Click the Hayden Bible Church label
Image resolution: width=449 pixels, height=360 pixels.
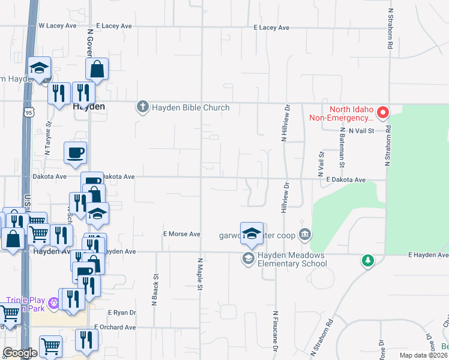[x=190, y=108]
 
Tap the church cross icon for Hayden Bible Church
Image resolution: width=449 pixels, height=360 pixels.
[x=142, y=107]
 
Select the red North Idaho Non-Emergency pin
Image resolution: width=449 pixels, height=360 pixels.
[x=382, y=112]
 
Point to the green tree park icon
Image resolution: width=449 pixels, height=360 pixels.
[x=368, y=260]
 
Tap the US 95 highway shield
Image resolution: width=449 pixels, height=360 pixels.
[x=29, y=112]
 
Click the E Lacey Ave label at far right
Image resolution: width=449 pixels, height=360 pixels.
[x=271, y=28]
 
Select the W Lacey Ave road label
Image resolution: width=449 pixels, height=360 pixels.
[x=58, y=26]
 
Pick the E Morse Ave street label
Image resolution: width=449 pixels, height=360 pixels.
[x=181, y=234]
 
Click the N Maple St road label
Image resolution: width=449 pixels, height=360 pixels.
[x=199, y=274]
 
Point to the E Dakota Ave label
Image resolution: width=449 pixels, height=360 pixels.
[x=346, y=179]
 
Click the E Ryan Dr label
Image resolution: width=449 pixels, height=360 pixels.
[x=122, y=313]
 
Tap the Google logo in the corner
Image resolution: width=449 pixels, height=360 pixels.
[x=19, y=353]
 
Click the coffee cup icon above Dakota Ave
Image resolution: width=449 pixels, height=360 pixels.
[x=75, y=152]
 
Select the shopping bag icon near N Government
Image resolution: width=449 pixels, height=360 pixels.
[x=97, y=69]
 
